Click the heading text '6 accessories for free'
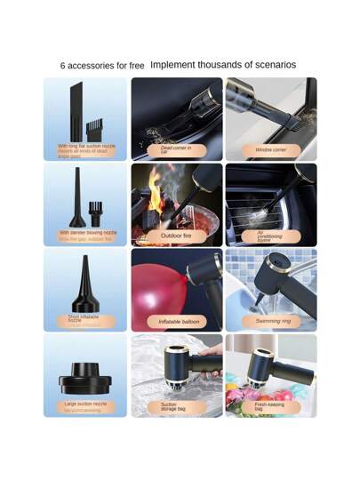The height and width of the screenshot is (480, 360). point(101,66)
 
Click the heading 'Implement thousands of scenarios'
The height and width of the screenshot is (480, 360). point(223,65)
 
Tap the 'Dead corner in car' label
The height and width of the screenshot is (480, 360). point(176,149)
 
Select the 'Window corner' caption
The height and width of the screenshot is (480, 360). point(271,150)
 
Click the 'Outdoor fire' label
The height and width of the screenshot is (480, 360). point(176,236)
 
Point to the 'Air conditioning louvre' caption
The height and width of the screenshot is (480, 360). point(270,236)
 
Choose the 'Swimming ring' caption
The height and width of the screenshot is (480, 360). point(271,321)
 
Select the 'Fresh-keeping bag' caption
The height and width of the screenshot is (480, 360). point(270,406)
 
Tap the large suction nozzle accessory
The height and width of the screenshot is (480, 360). point(85,377)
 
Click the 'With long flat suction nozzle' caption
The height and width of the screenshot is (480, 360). point(85,147)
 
